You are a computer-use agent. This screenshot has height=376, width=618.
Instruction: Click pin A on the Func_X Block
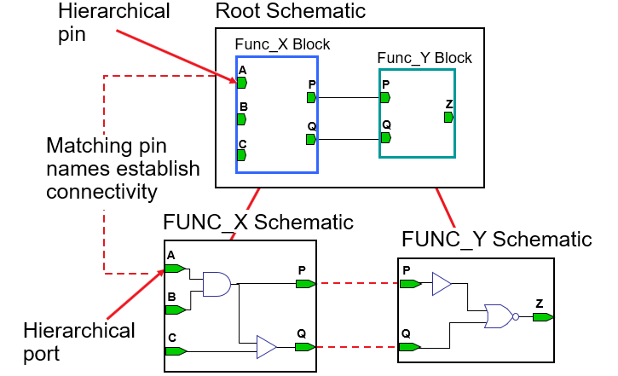pyautogui.click(x=242, y=83)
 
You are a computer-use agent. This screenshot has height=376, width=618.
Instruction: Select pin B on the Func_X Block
pyautogui.click(x=241, y=119)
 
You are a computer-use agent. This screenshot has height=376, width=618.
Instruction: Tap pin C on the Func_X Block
pyautogui.click(x=241, y=155)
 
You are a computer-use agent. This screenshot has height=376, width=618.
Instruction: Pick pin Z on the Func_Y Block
pyautogui.click(x=448, y=117)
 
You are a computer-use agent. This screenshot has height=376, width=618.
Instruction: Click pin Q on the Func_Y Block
pyautogui.click(x=386, y=137)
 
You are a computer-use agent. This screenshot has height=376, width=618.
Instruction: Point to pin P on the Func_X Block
pyautogui.click(x=311, y=97)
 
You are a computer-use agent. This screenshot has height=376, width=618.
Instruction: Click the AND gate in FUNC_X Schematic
pyautogui.click(x=217, y=284)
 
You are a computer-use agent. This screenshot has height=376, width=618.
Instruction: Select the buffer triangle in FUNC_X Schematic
pyautogui.click(x=267, y=347)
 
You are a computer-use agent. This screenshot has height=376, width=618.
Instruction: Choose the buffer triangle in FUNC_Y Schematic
pyautogui.click(x=442, y=284)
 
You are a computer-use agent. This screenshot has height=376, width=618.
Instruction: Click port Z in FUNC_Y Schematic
pyautogui.click(x=543, y=317)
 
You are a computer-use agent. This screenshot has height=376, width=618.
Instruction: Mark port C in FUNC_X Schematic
pyautogui.click(x=176, y=351)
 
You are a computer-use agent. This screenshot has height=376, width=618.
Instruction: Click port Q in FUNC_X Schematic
pyautogui.click(x=305, y=347)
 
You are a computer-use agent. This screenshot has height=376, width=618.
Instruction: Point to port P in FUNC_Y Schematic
pyautogui.click(x=411, y=284)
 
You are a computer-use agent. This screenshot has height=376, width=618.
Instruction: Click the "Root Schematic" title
pyautogui.click(x=291, y=10)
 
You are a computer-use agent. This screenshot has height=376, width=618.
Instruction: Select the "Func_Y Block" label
pyautogui.click(x=425, y=58)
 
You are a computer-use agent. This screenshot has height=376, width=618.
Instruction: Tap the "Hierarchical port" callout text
pyautogui.click(x=78, y=342)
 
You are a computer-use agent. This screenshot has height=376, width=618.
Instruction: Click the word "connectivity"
pyautogui.click(x=101, y=192)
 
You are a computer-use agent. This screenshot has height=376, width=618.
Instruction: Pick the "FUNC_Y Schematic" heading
pyautogui.click(x=497, y=240)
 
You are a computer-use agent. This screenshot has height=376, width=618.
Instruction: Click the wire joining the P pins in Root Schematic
pyautogui.click(x=349, y=97)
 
